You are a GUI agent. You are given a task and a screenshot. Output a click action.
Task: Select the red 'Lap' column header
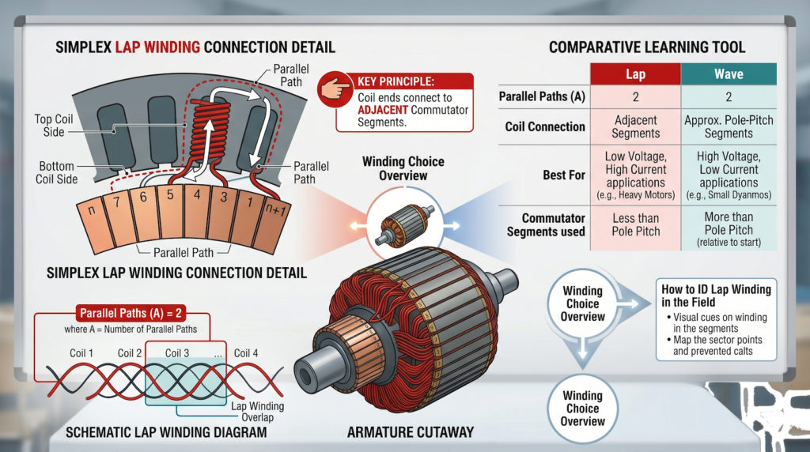tap(635, 74)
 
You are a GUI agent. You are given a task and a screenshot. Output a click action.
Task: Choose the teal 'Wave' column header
tap(729, 74)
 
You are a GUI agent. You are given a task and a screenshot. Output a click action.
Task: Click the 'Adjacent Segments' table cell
tap(635, 127)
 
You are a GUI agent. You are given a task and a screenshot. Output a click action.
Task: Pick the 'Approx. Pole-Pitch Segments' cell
tap(729, 127)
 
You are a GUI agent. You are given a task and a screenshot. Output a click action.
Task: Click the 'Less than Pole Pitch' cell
tap(635, 224)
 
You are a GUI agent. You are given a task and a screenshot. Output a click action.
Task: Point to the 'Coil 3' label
tap(176, 353)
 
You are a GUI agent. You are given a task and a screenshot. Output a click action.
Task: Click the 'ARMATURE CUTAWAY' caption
tap(410, 432)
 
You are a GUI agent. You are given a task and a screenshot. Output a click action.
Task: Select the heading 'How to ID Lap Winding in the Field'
tap(715, 296)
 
